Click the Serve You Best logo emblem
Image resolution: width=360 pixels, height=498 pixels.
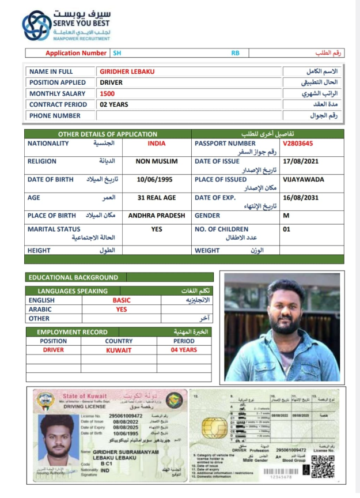click(x=36, y=25)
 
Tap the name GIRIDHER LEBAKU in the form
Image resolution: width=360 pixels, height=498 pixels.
click(x=127, y=71)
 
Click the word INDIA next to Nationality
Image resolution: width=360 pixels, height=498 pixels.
click(x=156, y=144)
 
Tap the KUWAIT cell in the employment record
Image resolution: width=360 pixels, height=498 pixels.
click(x=119, y=350)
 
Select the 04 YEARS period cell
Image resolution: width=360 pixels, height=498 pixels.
click(x=184, y=350)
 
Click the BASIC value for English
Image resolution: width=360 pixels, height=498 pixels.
click(x=122, y=300)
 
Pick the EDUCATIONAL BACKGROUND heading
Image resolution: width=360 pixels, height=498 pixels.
click(x=73, y=277)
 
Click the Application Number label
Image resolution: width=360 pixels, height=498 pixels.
click(x=76, y=53)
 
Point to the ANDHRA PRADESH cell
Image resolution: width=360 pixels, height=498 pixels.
click(x=156, y=216)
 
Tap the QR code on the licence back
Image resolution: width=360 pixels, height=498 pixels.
click(x=323, y=466)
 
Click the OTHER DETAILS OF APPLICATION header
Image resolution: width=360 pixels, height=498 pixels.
click(x=108, y=134)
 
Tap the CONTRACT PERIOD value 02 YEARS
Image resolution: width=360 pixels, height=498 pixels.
click(x=114, y=104)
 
